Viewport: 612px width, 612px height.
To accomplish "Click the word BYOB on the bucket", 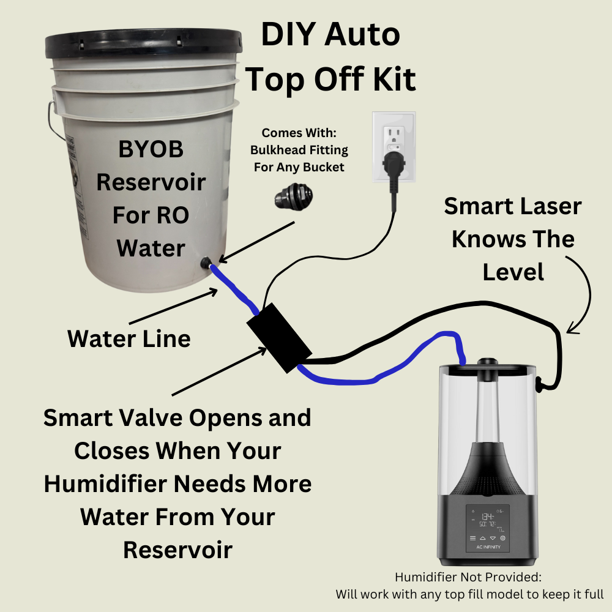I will point(151,149).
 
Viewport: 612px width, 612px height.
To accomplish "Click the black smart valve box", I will point(279,343).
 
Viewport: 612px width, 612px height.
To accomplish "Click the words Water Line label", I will point(129,338).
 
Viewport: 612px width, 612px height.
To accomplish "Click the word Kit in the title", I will point(391,78).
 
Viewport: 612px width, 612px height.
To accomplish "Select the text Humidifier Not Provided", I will point(468,577).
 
